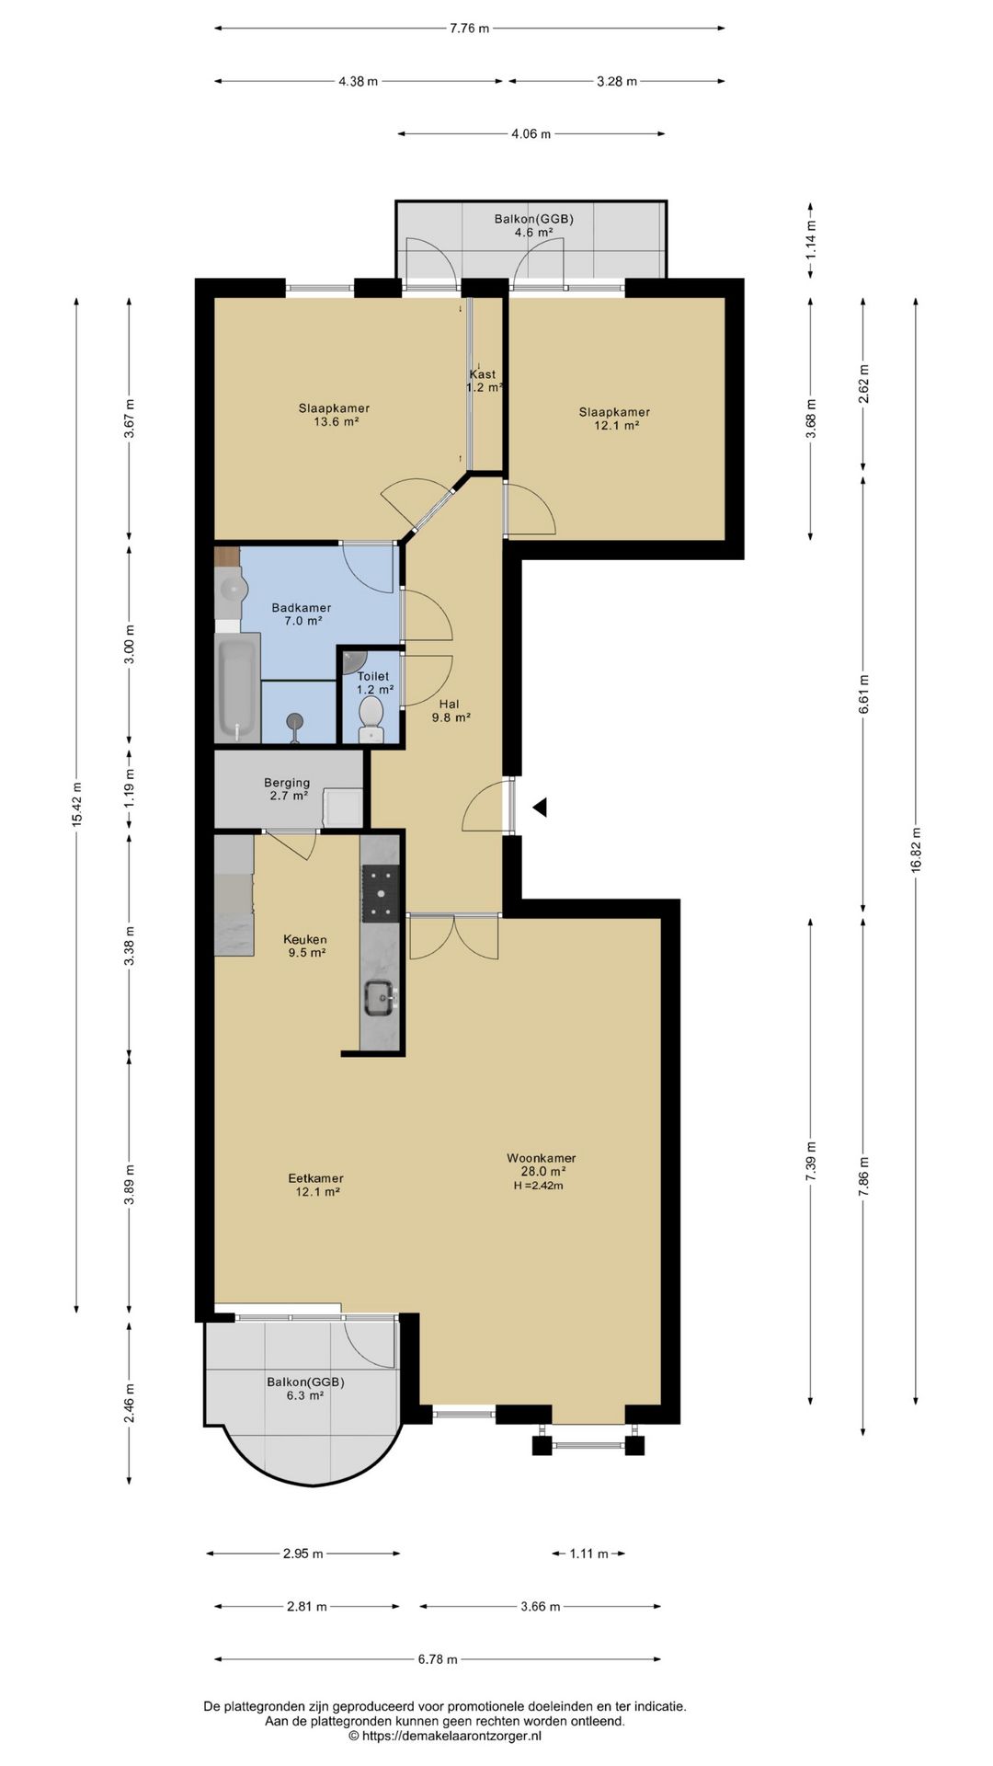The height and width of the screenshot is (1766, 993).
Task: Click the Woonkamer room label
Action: [x=541, y=1158]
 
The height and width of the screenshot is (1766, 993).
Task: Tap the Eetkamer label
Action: [x=315, y=1178]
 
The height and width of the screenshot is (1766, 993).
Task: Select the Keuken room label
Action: [x=305, y=940]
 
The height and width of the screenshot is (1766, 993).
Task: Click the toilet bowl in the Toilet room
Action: [x=371, y=717]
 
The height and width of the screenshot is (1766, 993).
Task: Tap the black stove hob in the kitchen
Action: [x=380, y=893]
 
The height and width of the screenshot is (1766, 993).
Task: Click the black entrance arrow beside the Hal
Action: [x=541, y=808]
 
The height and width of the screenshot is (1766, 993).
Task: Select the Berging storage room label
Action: [x=288, y=783]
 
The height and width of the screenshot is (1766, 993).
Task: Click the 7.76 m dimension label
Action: [x=470, y=28]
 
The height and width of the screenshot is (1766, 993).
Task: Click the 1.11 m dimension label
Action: [x=588, y=1554]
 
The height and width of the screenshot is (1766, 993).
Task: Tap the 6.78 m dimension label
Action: [x=438, y=1659]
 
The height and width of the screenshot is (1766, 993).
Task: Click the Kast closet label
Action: [x=483, y=374]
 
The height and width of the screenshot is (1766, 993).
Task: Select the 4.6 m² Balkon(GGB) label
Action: [x=534, y=225]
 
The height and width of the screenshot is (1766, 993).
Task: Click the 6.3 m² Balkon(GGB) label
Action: [x=305, y=1388]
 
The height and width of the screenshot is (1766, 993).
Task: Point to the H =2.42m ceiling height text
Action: [x=539, y=1186]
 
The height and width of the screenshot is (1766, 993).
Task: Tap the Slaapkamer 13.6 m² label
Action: [x=334, y=415]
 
